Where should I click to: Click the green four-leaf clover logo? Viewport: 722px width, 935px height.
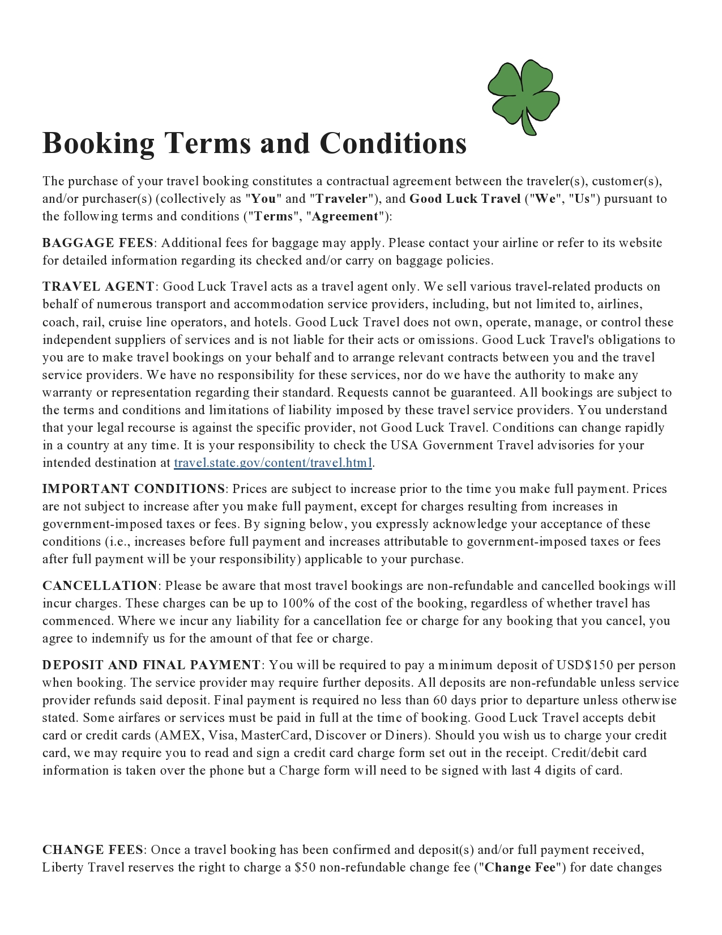523,96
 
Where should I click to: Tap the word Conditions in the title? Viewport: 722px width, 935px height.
393,143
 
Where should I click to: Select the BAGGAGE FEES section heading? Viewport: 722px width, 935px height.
97,243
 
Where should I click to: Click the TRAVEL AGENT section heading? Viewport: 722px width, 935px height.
98,287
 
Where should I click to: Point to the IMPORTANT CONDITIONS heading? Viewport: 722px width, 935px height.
134,489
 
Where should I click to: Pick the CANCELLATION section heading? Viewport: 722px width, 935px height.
100,586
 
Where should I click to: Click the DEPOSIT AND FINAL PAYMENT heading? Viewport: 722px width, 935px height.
151,665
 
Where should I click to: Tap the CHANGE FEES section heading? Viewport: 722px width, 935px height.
93,850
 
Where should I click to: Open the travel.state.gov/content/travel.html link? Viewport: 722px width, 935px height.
272,463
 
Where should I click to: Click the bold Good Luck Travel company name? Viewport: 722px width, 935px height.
464,199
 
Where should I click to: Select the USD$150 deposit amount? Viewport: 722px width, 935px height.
584,665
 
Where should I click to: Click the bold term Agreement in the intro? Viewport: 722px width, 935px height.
345,216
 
